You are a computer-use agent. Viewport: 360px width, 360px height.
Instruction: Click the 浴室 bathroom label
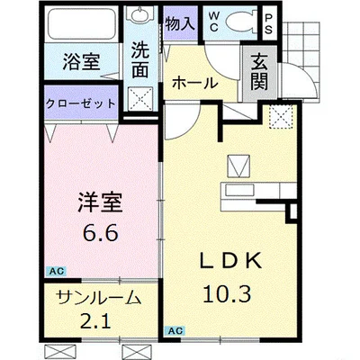click(x=81, y=61)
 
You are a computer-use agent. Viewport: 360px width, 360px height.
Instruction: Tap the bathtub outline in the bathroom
click(x=82, y=24)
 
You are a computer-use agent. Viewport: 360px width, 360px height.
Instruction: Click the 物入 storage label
click(x=180, y=23)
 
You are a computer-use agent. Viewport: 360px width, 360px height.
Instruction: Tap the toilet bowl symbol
click(x=240, y=22)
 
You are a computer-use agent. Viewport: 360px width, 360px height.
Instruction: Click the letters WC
click(x=213, y=22)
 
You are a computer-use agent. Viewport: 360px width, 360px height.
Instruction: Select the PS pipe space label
click(x=269, y=24)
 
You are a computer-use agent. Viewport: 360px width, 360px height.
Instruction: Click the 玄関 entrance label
click(x=259, y=73)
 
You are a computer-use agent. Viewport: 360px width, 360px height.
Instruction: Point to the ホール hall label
click(x=194, y=83)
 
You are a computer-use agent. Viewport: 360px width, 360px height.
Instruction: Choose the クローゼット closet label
click(x=80, y=103)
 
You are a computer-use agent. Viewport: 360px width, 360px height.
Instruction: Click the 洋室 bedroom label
click(x=100, y=202)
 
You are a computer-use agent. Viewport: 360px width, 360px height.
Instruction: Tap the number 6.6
click(x=100, y=232)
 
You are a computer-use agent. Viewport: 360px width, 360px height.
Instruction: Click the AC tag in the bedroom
click(x=57, y=271)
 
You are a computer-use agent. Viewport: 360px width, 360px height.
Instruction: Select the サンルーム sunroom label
click(x=99, y=298)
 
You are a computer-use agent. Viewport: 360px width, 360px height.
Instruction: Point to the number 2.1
click(x=95, y=320)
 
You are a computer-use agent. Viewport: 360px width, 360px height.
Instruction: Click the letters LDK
click(x=231, y=261)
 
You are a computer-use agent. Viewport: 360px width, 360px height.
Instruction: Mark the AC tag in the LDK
click(x=175, y=330)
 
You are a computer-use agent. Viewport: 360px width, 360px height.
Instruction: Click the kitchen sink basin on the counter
click(x=239, y=190)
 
